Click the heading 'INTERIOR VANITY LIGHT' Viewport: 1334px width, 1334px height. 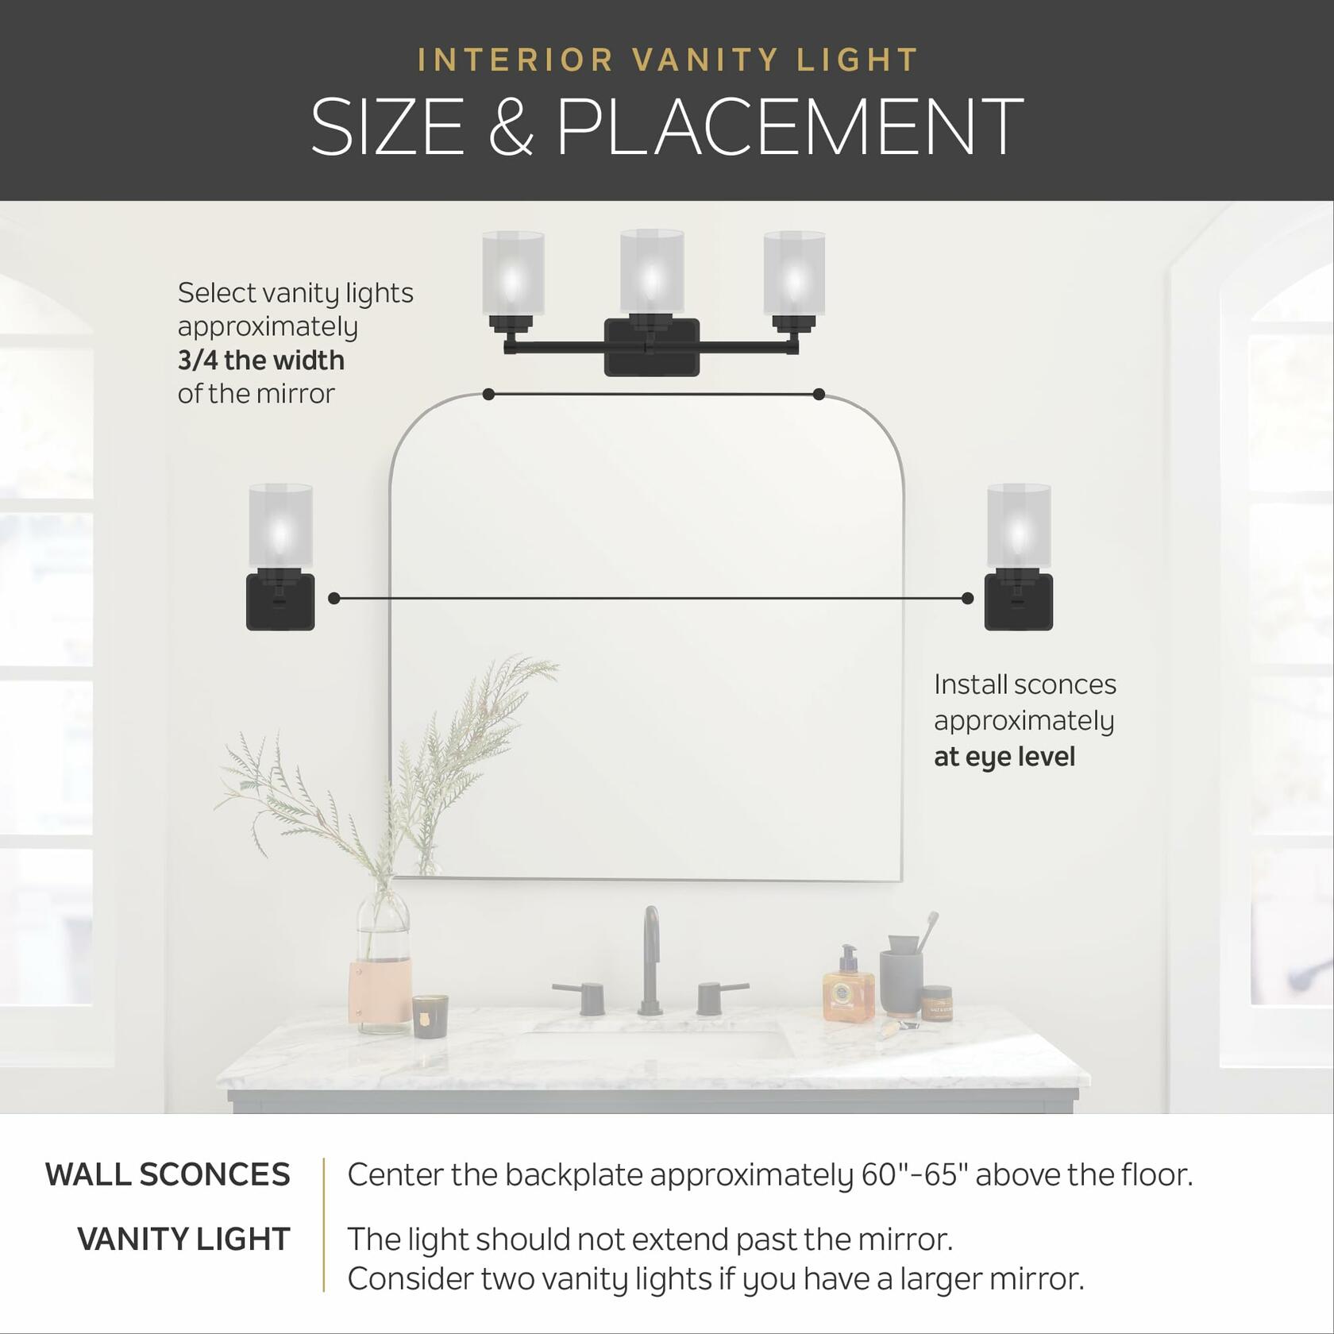[x=667, y=60]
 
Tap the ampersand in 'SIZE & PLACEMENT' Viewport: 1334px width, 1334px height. [x=510, y=127]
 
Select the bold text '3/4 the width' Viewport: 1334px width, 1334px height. [x=260, y=360]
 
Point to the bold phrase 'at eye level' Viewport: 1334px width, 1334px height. [x=1004, y=757]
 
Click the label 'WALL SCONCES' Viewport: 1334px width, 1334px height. [x=168, y=1175]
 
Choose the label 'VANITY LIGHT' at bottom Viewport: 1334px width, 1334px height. [x=183, y=1240]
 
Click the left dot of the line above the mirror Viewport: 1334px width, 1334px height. [x=488, y=395]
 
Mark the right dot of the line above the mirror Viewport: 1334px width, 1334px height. [x=819, y=395]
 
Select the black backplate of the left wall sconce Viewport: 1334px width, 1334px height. [x=280, y=602]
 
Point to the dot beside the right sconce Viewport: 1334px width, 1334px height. [x=967, y=599]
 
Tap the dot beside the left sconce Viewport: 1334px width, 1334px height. [x=334, y=599]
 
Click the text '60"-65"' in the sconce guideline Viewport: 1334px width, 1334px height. [x=914, y=1175]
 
